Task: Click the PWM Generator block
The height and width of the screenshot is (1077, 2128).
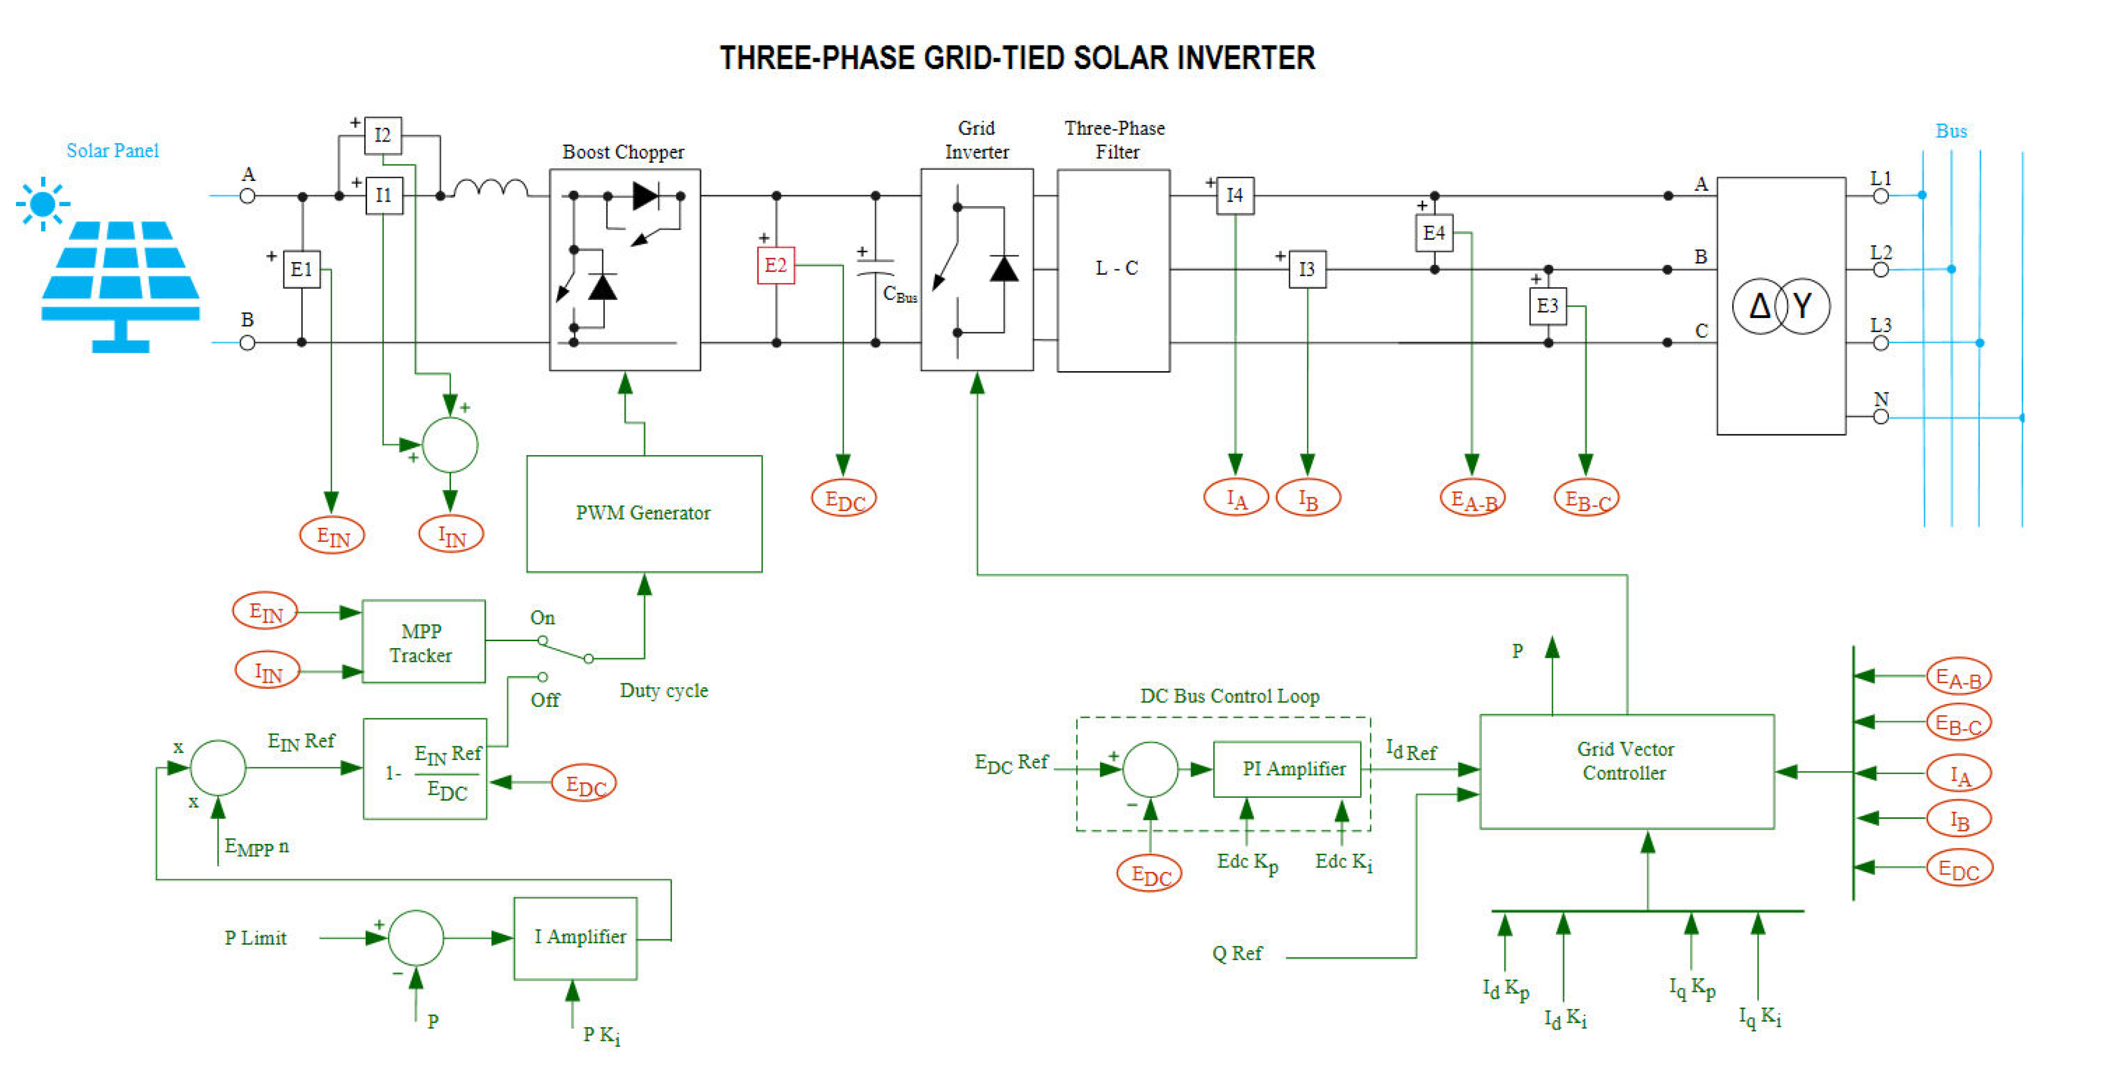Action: click(644, 513)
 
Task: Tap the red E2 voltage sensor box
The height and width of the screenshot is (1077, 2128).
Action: click(776, 265)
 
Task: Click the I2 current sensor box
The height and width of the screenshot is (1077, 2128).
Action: click(382, 135)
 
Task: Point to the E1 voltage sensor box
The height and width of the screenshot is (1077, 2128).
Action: click(302, 269)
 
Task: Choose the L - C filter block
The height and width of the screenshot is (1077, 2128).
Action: click(1113, 270)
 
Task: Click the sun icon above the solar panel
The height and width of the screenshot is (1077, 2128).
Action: click(42, 204)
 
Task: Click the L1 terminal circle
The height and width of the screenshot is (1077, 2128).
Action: click(1881, 196)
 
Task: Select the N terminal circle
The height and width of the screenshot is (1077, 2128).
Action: click(1881, 417)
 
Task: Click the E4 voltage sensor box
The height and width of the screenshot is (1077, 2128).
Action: click(1434, 233)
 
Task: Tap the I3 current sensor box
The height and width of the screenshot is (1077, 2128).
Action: click(1307, 269)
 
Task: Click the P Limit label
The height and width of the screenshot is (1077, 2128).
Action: click(255, 938)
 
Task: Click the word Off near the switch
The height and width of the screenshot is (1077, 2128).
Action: click(545, 700)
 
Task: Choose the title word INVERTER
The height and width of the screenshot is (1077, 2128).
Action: click(1245, 58)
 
